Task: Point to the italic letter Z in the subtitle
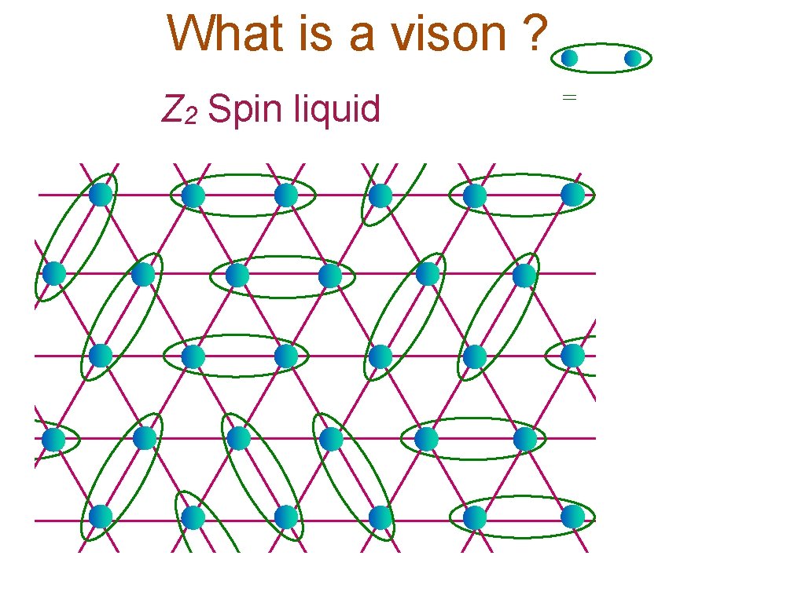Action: [172, 109]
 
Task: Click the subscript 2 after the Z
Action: [191, 117]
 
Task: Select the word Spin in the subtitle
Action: [246, 110]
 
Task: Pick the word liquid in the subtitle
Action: [336, 108]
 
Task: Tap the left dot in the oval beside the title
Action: [569, 58]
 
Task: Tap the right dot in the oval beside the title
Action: [633, 58]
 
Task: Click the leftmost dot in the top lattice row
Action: [101, 194]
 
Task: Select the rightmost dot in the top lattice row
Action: [573, 194]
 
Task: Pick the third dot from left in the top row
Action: [286, 195]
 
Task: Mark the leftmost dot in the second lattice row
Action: [53, 273]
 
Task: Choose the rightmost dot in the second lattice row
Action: [524, 275]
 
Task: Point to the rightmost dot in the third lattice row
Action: [573, 355]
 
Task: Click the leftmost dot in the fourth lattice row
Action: [53, 439]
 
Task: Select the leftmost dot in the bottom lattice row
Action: [101, 517]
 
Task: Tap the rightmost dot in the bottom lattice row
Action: [573, 517]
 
